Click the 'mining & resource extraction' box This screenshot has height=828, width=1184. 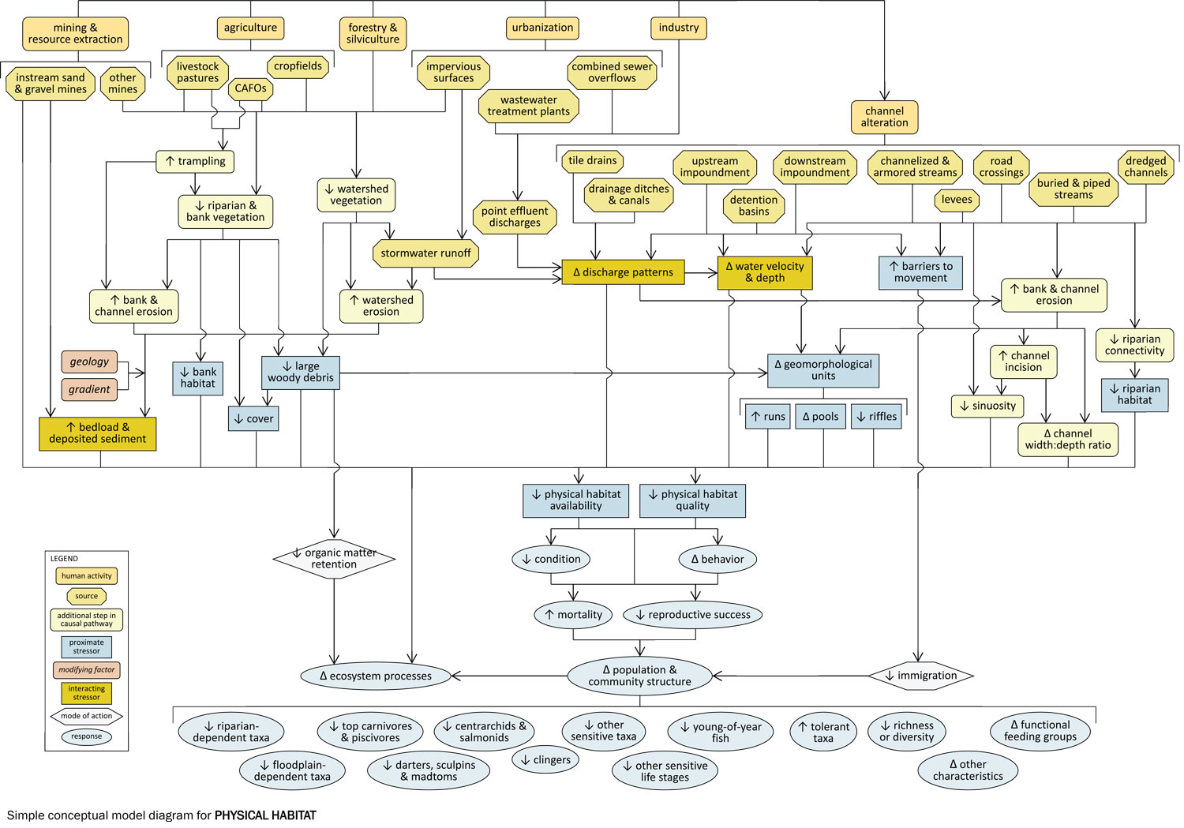(x=75, y=33)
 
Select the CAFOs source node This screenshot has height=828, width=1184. (x=250, y=88)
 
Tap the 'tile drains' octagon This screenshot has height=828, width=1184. (x=592, y=161)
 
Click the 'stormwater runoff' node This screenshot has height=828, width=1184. (x=425, y=253)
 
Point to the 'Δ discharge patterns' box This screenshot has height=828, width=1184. (x=622, y=272)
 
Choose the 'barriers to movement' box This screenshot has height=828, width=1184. (x=920, y=272)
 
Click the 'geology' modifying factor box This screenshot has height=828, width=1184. (x=90, y=362)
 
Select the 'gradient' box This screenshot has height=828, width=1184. (x=90, y=389)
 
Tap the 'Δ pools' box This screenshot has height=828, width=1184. (x=820, y=417)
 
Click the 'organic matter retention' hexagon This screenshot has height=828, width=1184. (x=334, y=559)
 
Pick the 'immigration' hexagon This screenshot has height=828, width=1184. (x=920, y=676)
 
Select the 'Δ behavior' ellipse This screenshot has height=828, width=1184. (x=718, y=560)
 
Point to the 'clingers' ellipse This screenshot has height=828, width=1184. (x=545, y=760)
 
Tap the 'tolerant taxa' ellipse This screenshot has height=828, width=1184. (x=823, y=732)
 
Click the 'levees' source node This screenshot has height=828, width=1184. (x=957, y=200)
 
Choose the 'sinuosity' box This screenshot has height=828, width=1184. (x=987, y=407)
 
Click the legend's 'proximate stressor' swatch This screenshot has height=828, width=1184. (x=87, y=647)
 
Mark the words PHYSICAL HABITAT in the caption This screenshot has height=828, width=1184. (x=265, y=815)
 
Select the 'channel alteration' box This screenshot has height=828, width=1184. (x=884, y=117)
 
